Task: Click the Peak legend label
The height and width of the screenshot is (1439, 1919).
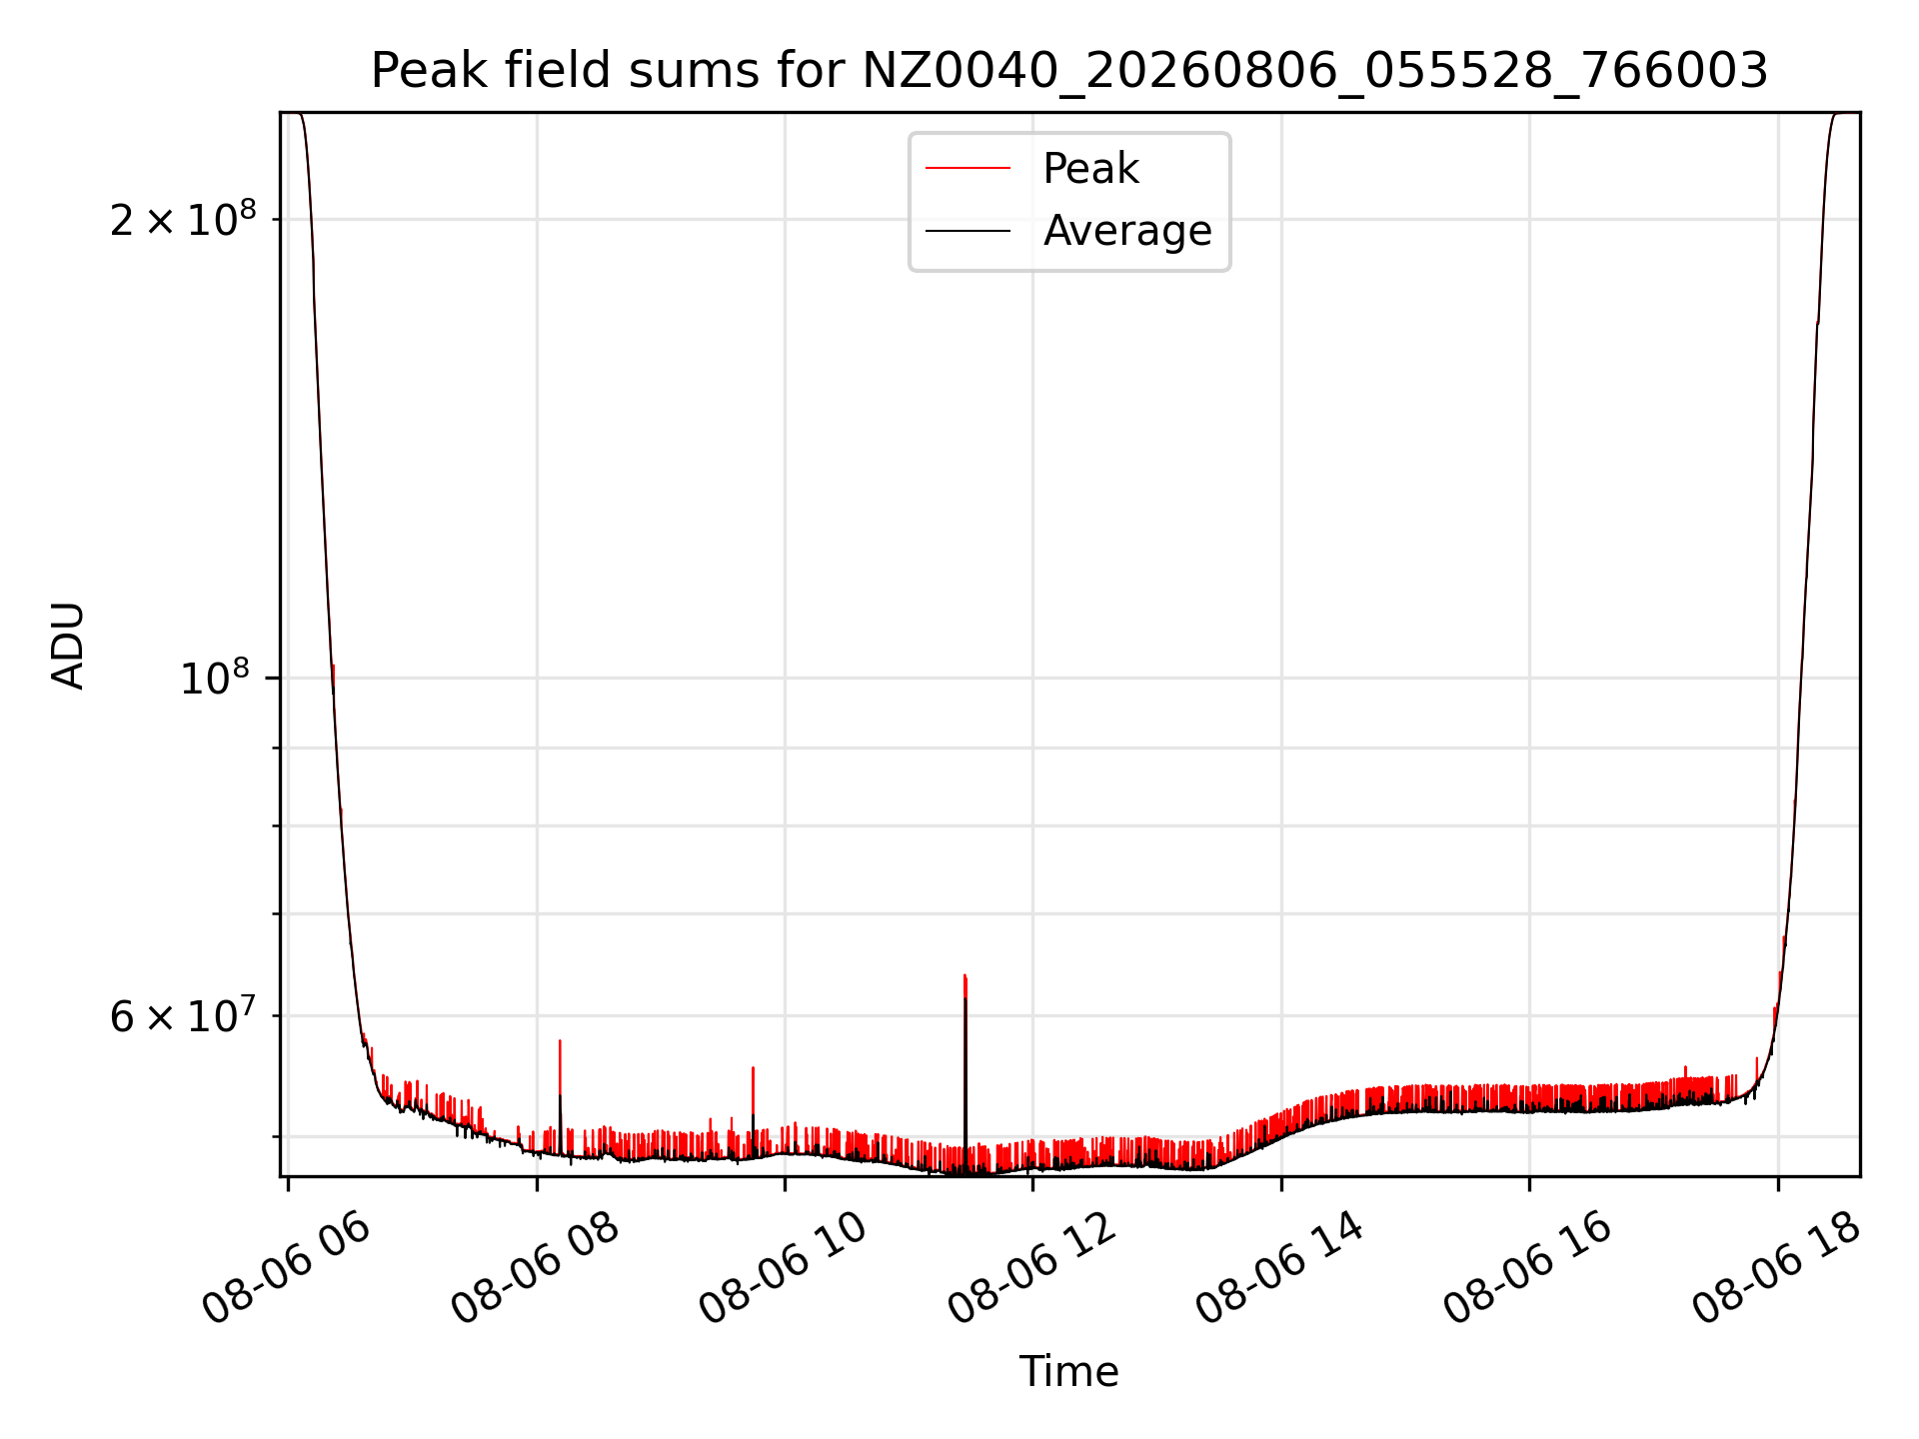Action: [1090, 169]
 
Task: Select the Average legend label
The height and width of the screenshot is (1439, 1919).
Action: [1127, 231]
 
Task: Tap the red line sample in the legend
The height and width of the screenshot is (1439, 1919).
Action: [967, 169]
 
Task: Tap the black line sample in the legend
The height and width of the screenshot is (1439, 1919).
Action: [967, 231]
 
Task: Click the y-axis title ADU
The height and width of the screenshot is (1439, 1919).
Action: [68, 645]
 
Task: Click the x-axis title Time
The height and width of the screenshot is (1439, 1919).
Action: [1069, 1372]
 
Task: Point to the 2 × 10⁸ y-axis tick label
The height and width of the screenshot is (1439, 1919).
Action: [183, 218]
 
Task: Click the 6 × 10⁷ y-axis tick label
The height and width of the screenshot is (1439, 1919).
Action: [183, 1015]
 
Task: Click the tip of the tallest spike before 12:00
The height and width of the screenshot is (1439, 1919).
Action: [964, 974]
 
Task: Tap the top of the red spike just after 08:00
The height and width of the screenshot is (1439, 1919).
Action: [560, 1040]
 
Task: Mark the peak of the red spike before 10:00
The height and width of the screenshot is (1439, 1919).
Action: [753, 1067]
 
